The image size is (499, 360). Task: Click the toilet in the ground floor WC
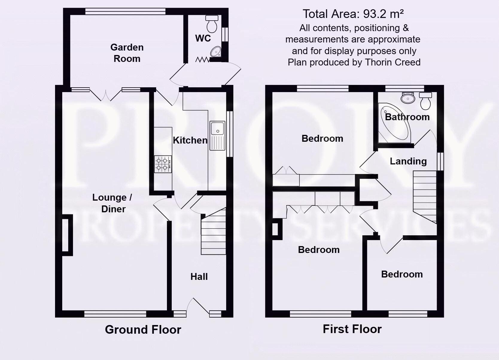pos(212,24)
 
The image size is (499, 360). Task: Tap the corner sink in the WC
pos(215,52)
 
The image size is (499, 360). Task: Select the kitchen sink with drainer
pos(217,135)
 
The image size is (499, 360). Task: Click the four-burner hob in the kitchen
pos(163,164)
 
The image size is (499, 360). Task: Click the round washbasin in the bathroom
pos(408,98)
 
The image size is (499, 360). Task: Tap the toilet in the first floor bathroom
pos(425,101)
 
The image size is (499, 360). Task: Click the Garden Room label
pos(127,53)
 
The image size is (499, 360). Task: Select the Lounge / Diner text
pos(112,203)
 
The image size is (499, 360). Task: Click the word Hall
pos(199,277)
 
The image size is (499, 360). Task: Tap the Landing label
pos(408,161)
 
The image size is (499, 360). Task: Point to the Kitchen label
pos(190,140)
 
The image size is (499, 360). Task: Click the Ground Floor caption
pos(143,330)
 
